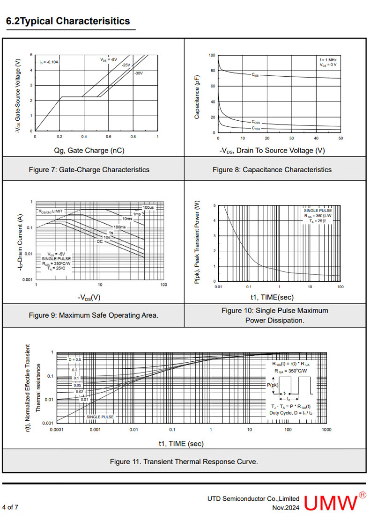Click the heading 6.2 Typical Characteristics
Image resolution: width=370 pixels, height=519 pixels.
(68, 21)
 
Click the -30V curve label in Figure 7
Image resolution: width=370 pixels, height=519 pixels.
(139, 73)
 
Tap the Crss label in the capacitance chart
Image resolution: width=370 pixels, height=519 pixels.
(256, 128)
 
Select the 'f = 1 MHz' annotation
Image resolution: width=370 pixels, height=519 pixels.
(328, 60)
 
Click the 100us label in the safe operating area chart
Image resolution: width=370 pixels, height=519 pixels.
(148, 207)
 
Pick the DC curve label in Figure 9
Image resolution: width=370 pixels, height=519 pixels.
(100, 241)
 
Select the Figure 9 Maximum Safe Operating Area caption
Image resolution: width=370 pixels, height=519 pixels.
(93, 315)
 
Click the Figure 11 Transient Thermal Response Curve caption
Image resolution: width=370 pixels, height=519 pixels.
(184, 461)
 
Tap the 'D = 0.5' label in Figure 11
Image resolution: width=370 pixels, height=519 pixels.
(74, 359)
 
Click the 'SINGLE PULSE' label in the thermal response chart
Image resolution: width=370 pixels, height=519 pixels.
(100, 417)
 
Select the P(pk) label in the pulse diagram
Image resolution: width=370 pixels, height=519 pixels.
(273, 385)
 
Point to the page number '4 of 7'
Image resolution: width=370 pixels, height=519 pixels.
(10, 507)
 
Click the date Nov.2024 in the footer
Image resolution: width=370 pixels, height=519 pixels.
(286, 507)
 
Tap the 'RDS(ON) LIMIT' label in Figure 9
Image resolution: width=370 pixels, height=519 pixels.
(51, 212)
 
